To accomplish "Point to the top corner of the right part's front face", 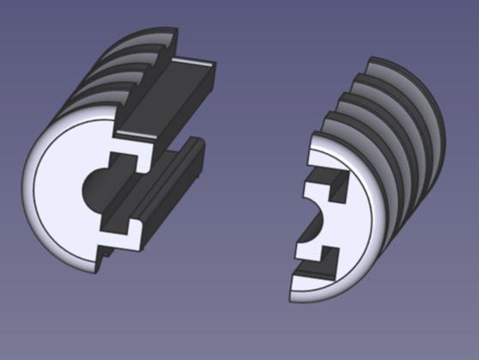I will pos(313,136).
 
